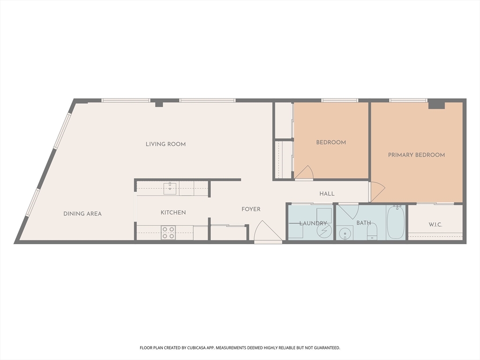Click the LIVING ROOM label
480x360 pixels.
pyautogui.click(x=165, y=144)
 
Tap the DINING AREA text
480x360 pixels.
pyautogui.click(x=82, y=214)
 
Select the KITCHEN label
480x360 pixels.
pyautogui.click(x=173, y=212)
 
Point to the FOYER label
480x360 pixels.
pyautogui.click(x=251, y=209)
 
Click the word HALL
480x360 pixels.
pyautogui.click(x=327, y=194)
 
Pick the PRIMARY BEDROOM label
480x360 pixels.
pyautogui.click(x=416, y=155)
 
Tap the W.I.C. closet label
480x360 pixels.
pyautogui.click(x=435, y=225)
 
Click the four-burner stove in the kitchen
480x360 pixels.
pyautogui.click(x=168, y=232)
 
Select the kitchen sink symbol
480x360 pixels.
pyautogui.click(x=170, y=188)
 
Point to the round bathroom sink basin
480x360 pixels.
pyautogui.click(x=346, y=232)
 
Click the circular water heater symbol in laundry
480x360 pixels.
pyautogui.click(x=323, y=231)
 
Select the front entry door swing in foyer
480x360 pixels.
pyautogui.click(x=268, y=232)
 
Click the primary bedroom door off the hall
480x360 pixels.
pyautogui.click(x=376, y=191)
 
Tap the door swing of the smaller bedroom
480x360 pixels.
pyautogui.click(x=304, y=173)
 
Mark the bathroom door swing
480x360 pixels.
pyautogui.click(x=348, y=211)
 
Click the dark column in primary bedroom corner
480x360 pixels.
pyautogui.click(x=436, y=104)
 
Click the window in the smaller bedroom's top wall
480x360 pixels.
pyautogui.click(x=339, y=100)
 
